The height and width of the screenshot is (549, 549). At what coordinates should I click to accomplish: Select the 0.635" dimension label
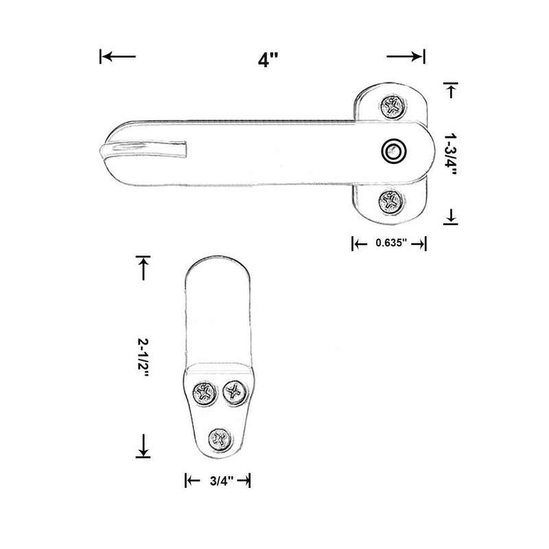pyautogui.click(x=389, y=242)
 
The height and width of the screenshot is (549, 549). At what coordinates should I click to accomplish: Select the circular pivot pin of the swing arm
pyautogui.click(x=393, y=151)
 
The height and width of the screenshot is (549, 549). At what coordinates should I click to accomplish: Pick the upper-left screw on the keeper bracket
pyautogui.click(x=204, y=394)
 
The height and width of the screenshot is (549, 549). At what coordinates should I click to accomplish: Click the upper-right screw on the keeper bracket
pyautogui.click(x=235, y=393)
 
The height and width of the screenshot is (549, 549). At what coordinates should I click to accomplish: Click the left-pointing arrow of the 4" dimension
pyautogui.click(x=117, y=56)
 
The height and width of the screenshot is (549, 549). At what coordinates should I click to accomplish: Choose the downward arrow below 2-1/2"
pyautogui.click(x=143, y=446)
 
